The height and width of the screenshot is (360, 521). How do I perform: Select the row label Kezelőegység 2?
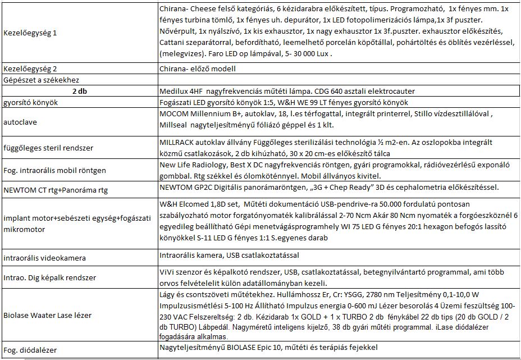click(x=30, y=69)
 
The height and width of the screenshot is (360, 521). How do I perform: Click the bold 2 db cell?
click(x=79, y=92)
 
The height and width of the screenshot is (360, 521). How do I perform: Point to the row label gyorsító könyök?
click(x=31, y=103)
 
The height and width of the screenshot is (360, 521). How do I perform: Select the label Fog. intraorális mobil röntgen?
click(x=54, y=170)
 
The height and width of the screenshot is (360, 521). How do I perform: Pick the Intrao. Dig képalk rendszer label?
click(x=49, y=277)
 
